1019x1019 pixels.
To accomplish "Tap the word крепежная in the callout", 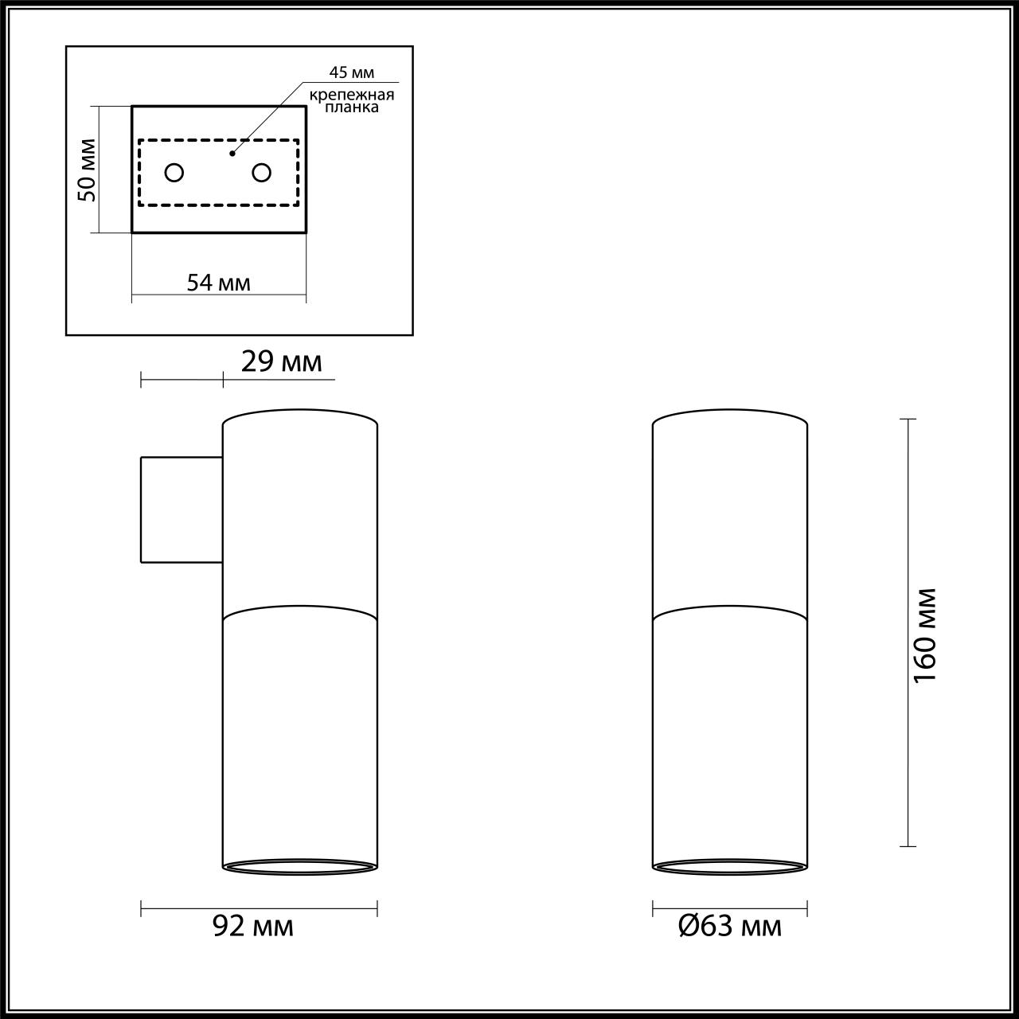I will pyautogui.click(x=352, y=95).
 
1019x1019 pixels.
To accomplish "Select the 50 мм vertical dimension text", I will pyautogui.click(x=88, y=170).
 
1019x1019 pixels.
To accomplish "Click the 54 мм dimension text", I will pyautogui.click(x=218, y=283).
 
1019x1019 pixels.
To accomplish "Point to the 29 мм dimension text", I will pyautogui.click(x=281, y=362).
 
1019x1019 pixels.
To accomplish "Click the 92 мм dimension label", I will pyautogui.click(x=253, y=926).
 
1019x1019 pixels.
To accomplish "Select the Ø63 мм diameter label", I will pyautogui.click(x=729, y=926).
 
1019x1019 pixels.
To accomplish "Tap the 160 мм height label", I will pyautogui.click(x=926, y=634).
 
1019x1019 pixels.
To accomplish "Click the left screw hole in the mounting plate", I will pyautogui.click(x=174, y=172).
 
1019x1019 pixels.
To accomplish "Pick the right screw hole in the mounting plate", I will pyautogui.click(x=261, y=172).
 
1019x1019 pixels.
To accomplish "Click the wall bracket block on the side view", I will pyautogui.click(x=182, y=509).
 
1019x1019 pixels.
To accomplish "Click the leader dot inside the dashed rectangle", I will pyautogui.click(x=232, y=152).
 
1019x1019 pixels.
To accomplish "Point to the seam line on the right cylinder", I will pyautogui.click(x=730, y=611).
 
